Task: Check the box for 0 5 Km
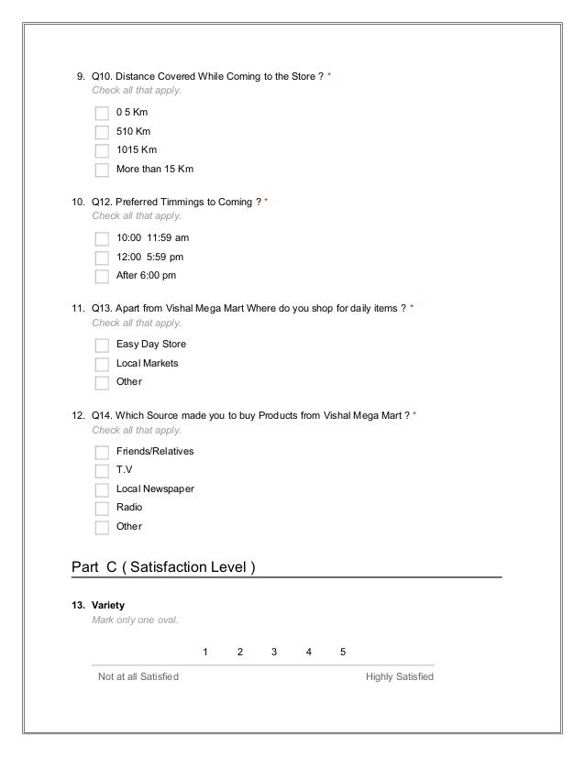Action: click(x=102, y=113)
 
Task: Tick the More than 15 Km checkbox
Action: click(x=102, y=170)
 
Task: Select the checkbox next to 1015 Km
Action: click(x=102, y=150)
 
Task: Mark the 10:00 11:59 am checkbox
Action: click(x=102, y=237)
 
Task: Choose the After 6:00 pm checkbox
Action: click(x=102, y=276)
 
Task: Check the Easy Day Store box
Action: click(x=102, y=345)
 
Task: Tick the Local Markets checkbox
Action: click(x=102, y=364)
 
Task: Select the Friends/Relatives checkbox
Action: click(x=102, y=452)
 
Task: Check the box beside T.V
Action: click(x=102, y=470)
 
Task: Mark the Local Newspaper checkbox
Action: click(x=102, y=489)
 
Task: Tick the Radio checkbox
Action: click(x=102, y=508)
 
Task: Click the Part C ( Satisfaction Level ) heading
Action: click(x=163, y=567)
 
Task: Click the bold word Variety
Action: click(x=108, y=607)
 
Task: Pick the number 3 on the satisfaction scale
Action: click(x=274, y=652)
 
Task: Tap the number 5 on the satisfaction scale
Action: click(x=343, y=652)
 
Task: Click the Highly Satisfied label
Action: click(x=399, y=677)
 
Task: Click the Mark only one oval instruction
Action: click(x=136, y=620)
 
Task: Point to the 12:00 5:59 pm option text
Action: click(x=149, y=257)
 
